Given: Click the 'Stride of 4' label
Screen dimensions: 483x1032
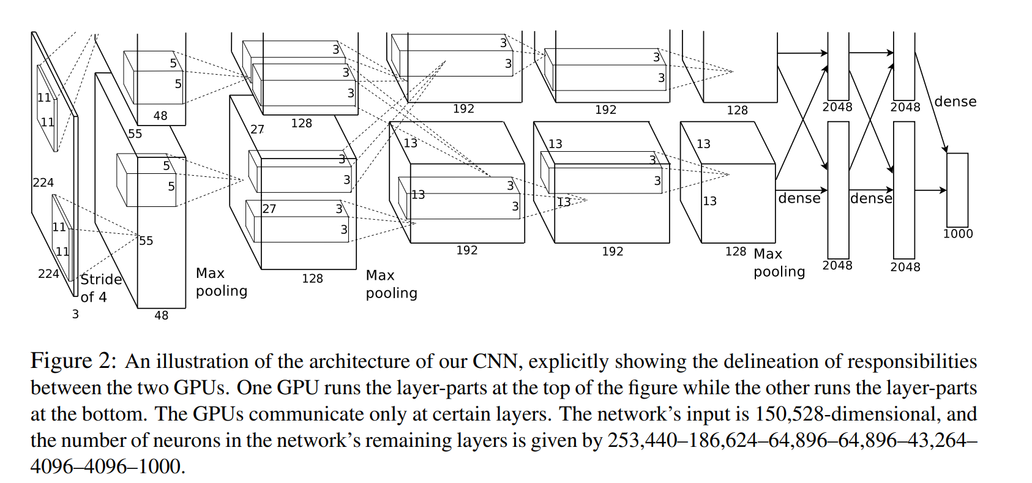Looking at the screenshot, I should [x=101, y=288].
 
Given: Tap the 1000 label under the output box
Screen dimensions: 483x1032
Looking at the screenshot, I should [x=957, y=234].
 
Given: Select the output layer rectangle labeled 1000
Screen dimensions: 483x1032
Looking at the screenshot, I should [x=957, y=190].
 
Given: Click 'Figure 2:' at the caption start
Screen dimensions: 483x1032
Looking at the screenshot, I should [x=73, y=361].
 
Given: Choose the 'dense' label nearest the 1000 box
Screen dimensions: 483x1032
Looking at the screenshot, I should [x=955, y=102].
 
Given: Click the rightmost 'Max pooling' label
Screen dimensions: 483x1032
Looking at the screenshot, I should [x=779, y=263].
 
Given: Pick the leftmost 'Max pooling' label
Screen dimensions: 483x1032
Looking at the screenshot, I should [x=221, y=282].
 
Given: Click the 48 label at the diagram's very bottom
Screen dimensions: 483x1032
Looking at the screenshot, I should [x=161, y=315].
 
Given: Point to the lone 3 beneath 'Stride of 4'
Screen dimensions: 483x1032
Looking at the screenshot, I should [x=75, y=315].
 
